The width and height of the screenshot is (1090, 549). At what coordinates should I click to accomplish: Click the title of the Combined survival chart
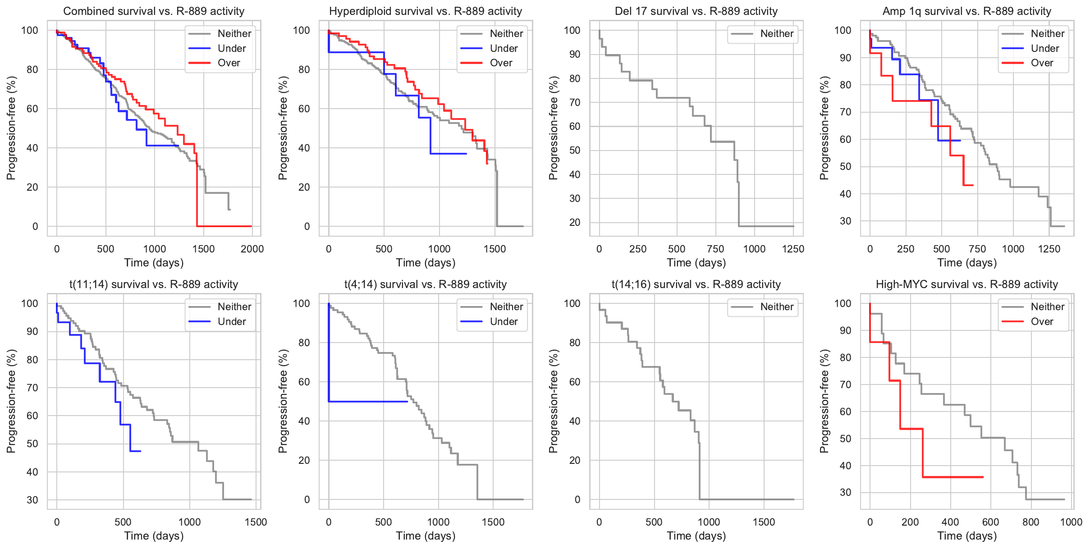tap(154, 11)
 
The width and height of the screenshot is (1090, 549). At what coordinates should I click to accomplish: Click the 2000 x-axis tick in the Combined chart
tap(252, 249)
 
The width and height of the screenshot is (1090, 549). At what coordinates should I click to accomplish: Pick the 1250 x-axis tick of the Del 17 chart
tap(793, 249)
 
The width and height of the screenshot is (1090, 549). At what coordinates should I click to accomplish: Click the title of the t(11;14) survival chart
tap(154, 284)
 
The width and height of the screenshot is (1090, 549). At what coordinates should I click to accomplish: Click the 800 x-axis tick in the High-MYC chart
tap(1030, 522)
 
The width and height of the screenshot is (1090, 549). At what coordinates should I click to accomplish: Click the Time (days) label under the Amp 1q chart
tap(967, 263)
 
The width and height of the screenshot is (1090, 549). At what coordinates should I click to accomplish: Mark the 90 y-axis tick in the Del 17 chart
tap(574, 55)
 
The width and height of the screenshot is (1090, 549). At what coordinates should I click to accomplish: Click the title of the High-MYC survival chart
tap(967, 284)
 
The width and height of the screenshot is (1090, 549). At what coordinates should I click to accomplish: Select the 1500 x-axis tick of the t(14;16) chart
tap(764, 522)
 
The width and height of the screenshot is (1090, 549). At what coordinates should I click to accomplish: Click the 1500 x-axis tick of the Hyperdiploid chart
tap(495, 249)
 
